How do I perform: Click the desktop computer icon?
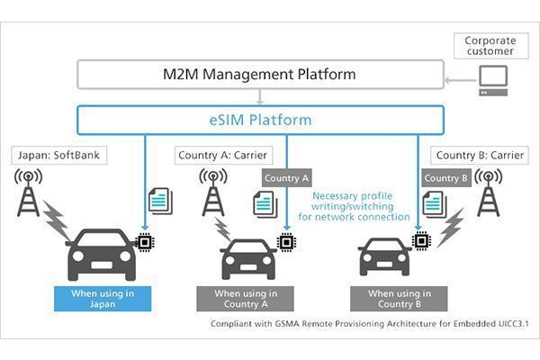click(x=493, y=80)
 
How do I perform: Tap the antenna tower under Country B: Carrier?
click(x=490, y=193)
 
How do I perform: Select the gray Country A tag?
click(x=287, y=177)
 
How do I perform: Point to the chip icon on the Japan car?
click(x=143, y=241)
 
